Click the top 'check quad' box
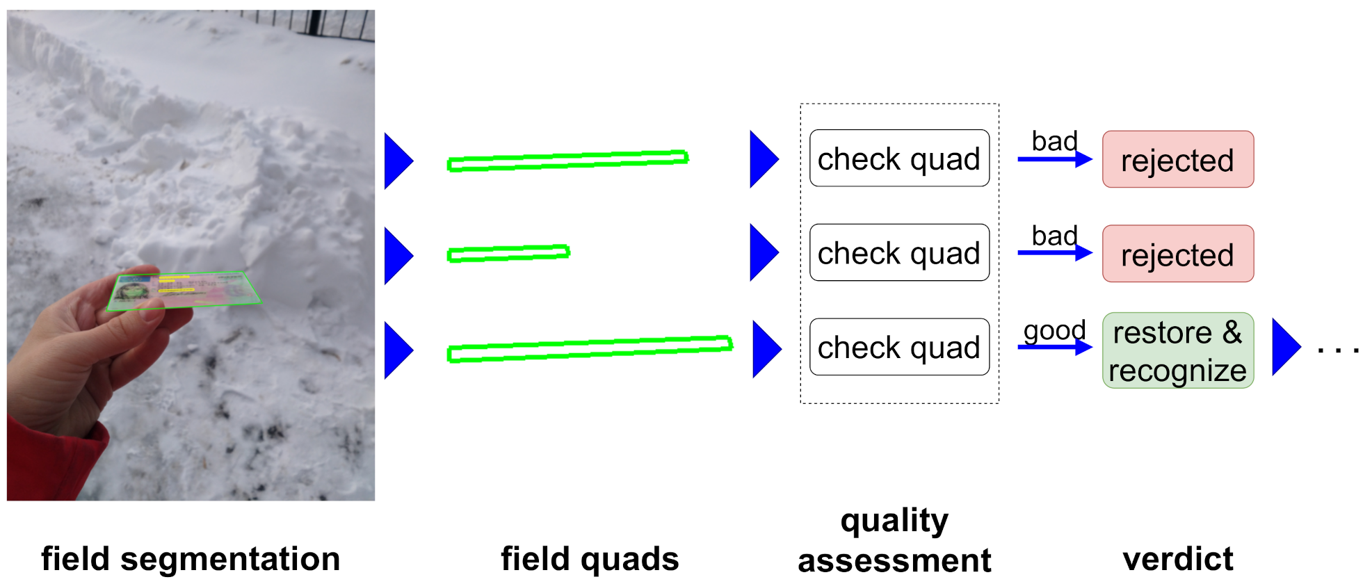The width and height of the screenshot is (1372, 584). (899, 159)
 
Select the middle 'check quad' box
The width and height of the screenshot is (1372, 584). (899, 253)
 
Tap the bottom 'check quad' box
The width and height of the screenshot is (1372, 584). (899, 348)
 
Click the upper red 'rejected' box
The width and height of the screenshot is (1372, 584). (1177, 160)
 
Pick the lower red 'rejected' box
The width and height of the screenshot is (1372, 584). (1177, 254)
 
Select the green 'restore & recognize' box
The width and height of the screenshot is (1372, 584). (1177, 351)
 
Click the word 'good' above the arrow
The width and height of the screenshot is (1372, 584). (1054, 330)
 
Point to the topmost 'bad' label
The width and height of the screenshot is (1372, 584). (1054, 141)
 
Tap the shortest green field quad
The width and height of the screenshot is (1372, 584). (508, 254)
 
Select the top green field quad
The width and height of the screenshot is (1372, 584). (567, 161)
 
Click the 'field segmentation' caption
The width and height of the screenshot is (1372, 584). (190, 559)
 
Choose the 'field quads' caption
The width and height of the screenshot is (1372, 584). (590, 559)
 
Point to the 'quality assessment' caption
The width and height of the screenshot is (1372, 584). (894, 540)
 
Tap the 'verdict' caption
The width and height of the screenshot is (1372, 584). (1177, 559)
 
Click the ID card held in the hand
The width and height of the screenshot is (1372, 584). (184, 291)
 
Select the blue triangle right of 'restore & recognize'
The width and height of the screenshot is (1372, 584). (1285, 347)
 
